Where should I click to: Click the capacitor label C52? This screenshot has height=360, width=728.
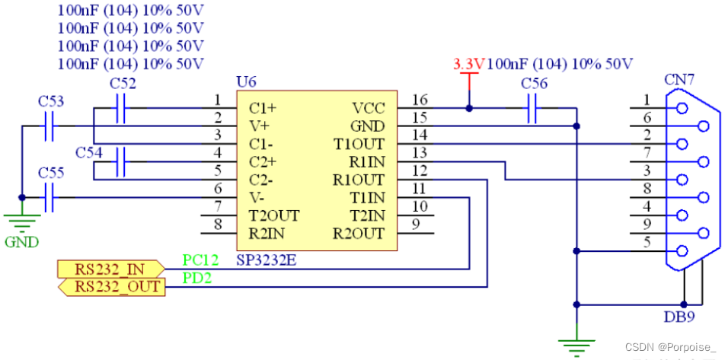pyautogui.click(x=123, y=83)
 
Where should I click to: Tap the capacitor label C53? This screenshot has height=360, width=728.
pyautogui.click(x=51, y=100)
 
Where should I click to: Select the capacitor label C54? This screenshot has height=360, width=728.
pyautogui.click(x=88, y=152)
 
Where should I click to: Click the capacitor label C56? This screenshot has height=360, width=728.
pyautogui.click(x=534, y=83)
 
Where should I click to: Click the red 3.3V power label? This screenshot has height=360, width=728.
pyautogui.click(x=468, y=64)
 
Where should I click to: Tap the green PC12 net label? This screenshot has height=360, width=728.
pyautogui.click(x=200, y=260)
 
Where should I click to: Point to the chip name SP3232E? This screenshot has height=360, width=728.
pyautogui.click(x=267, y=260)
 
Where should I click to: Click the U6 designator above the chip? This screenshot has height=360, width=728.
pyautogui.click(x=247, y=81)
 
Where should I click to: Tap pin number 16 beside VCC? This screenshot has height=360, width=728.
pyautogui.click(x=420, y=100)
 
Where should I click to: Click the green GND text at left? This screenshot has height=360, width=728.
pyautogui.click(x=21, y=243)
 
